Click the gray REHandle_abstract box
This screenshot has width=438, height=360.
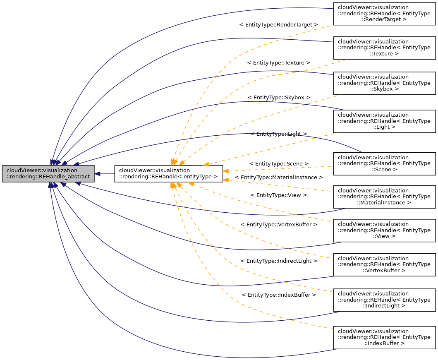coord(48,174)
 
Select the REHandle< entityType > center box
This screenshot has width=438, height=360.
coord(168,174)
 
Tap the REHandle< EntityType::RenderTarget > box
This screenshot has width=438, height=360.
coord(384,13)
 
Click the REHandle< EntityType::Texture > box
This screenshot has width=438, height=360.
coord(384,48)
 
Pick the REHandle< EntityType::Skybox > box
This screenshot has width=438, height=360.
coord(384,83)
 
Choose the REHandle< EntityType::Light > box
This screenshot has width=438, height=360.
coord(384,121)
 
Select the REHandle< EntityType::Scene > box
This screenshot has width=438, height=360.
coord(384,163)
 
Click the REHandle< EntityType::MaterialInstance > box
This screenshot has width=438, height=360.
coord(384,197)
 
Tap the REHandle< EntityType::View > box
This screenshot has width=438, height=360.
coord(384,230)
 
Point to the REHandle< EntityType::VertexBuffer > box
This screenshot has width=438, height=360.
coord(384,264)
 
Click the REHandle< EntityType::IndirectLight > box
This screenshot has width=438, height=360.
coord(384,300)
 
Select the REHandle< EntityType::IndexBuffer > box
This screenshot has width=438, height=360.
coord(384,338)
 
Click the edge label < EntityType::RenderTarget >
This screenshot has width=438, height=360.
coord(279,25)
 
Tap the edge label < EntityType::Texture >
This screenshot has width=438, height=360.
coord(279,62)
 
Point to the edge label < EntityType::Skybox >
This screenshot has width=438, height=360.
coord(279,97)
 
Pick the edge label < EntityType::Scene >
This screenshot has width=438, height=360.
coord(279,164)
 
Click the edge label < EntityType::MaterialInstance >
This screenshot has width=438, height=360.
coord(279,177)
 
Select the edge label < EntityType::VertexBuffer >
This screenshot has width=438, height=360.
coord(279,224)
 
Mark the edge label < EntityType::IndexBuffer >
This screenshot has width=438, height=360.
coord(279,295)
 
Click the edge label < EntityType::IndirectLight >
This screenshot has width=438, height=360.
coord(279,261)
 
